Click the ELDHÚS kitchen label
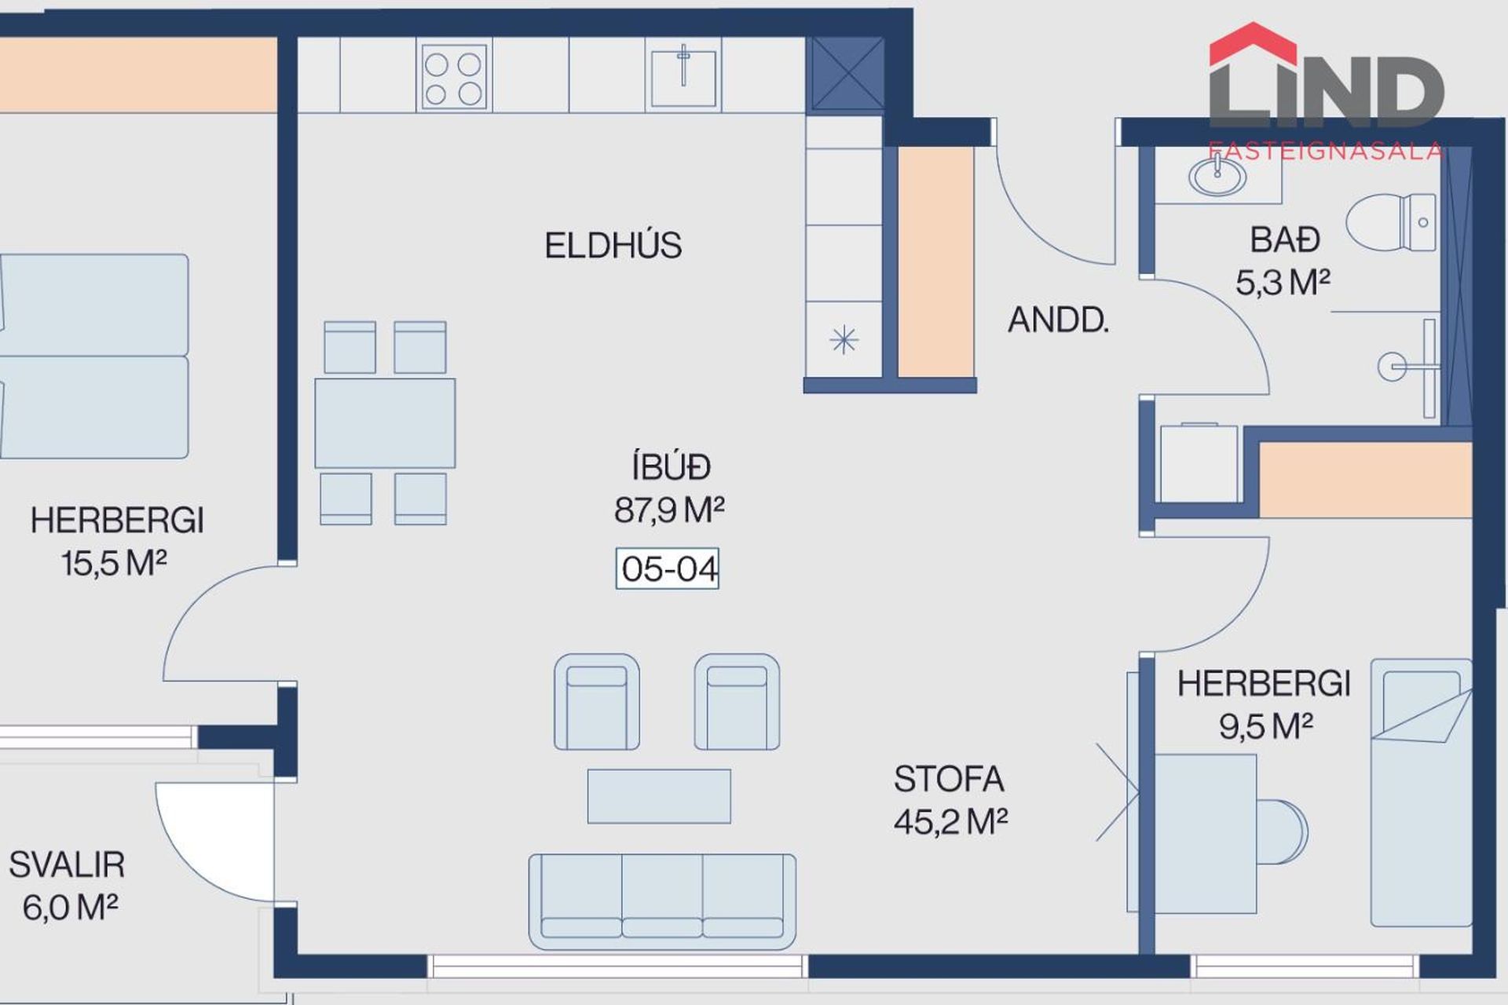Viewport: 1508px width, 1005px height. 613,246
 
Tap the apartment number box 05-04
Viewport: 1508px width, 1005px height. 668,568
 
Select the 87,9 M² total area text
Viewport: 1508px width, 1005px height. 669,510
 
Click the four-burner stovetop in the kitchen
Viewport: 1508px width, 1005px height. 454,76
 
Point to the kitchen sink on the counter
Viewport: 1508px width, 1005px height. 683,77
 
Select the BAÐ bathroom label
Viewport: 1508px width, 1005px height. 1285,240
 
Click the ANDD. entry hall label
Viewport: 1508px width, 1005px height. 1058,320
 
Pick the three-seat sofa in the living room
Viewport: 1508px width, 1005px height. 662,901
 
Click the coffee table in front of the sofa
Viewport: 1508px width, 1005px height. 659,796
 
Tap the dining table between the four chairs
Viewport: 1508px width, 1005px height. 385,423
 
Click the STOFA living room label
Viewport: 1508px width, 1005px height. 949,779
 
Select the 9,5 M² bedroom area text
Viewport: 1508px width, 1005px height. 1266,726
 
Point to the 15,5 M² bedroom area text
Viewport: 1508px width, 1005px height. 114,563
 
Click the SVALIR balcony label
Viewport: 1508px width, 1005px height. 67,865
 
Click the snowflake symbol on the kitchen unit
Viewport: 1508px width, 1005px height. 844,340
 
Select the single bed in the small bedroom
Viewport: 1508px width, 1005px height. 1422,793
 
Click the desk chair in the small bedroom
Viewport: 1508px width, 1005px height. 1282,832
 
